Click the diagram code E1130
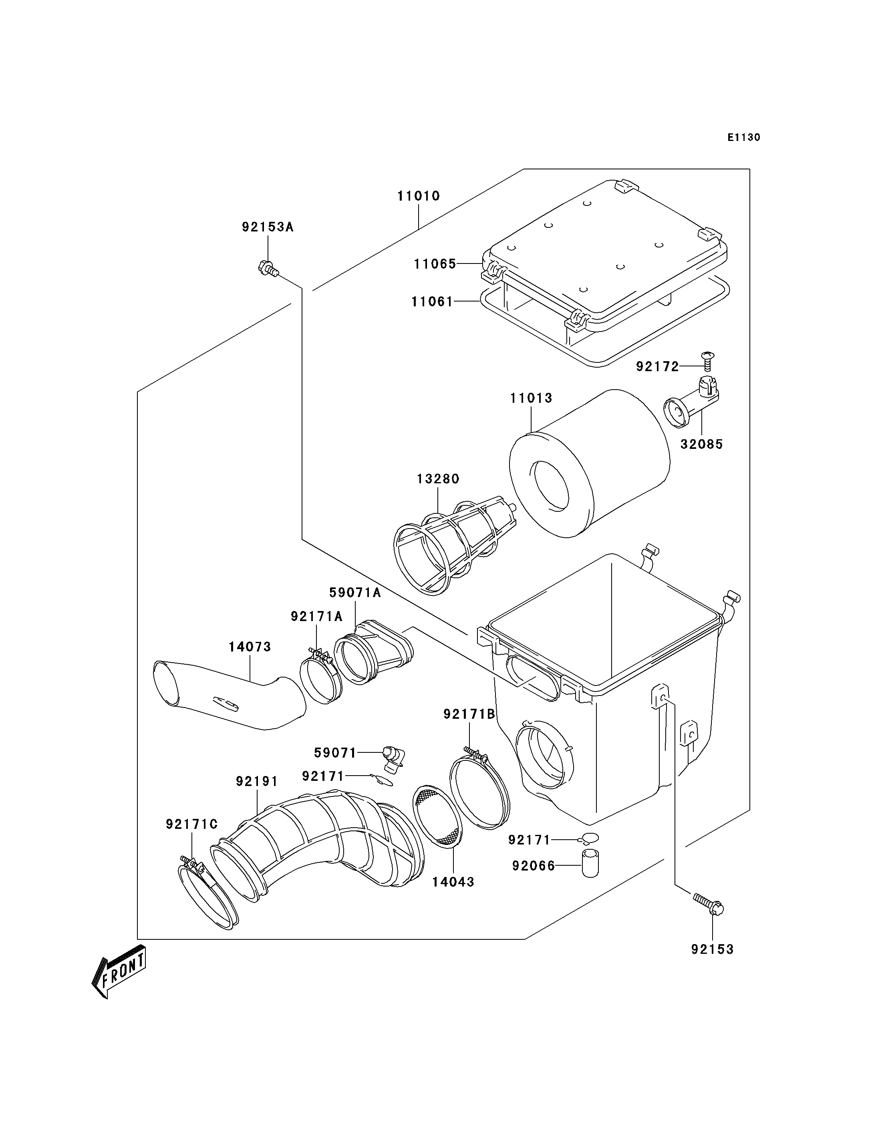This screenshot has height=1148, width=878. tap(744, 137)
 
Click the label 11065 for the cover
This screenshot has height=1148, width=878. tap(435, 264)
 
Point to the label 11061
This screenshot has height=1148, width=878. tap(432, 302)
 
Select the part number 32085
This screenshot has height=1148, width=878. tap(701, 444)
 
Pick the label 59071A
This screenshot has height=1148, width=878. tap(355, 593)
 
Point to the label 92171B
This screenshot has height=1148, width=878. tap(469, 714)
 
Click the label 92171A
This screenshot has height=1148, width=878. tap(316, 617)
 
